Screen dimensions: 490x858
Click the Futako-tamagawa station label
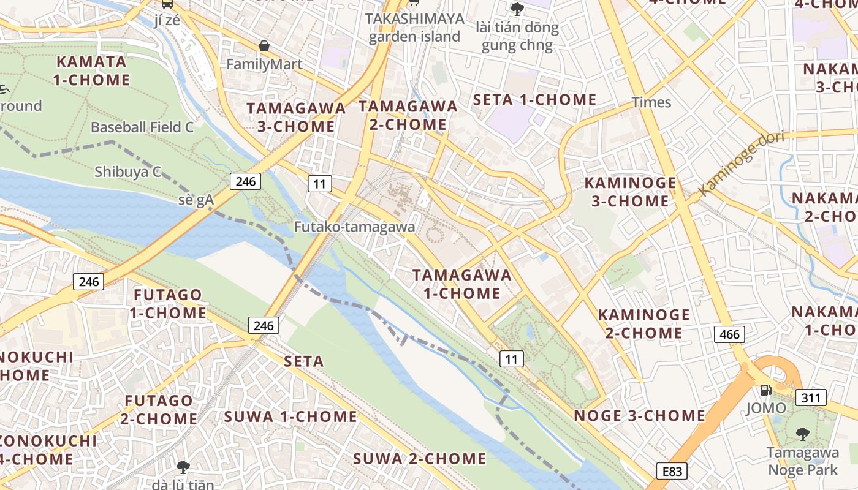coord(354,227)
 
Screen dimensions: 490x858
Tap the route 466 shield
coord(729,334)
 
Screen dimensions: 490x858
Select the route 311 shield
coord(810,398)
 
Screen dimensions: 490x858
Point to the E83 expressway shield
coord(672,471)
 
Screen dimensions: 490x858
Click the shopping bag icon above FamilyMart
coord(264,46)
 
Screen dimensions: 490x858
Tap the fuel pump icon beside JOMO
coord(765,390)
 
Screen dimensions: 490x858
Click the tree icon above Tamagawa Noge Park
coord(802,435)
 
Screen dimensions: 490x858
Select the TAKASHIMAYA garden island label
coord(414,28)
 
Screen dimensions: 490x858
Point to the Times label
coord(651,102)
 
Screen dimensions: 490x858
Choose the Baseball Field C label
coord(142,127)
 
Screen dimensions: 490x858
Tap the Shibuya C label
coord(127,172)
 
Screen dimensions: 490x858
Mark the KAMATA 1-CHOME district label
coord(91,70)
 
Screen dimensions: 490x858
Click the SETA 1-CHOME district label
coord(535,100)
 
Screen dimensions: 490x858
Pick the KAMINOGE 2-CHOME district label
coord(643,323)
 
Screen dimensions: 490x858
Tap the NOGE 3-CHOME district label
coord(639,415)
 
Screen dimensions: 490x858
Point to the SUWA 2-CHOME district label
coord(420,458)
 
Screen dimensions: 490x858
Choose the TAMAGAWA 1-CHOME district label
coord(462,284)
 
